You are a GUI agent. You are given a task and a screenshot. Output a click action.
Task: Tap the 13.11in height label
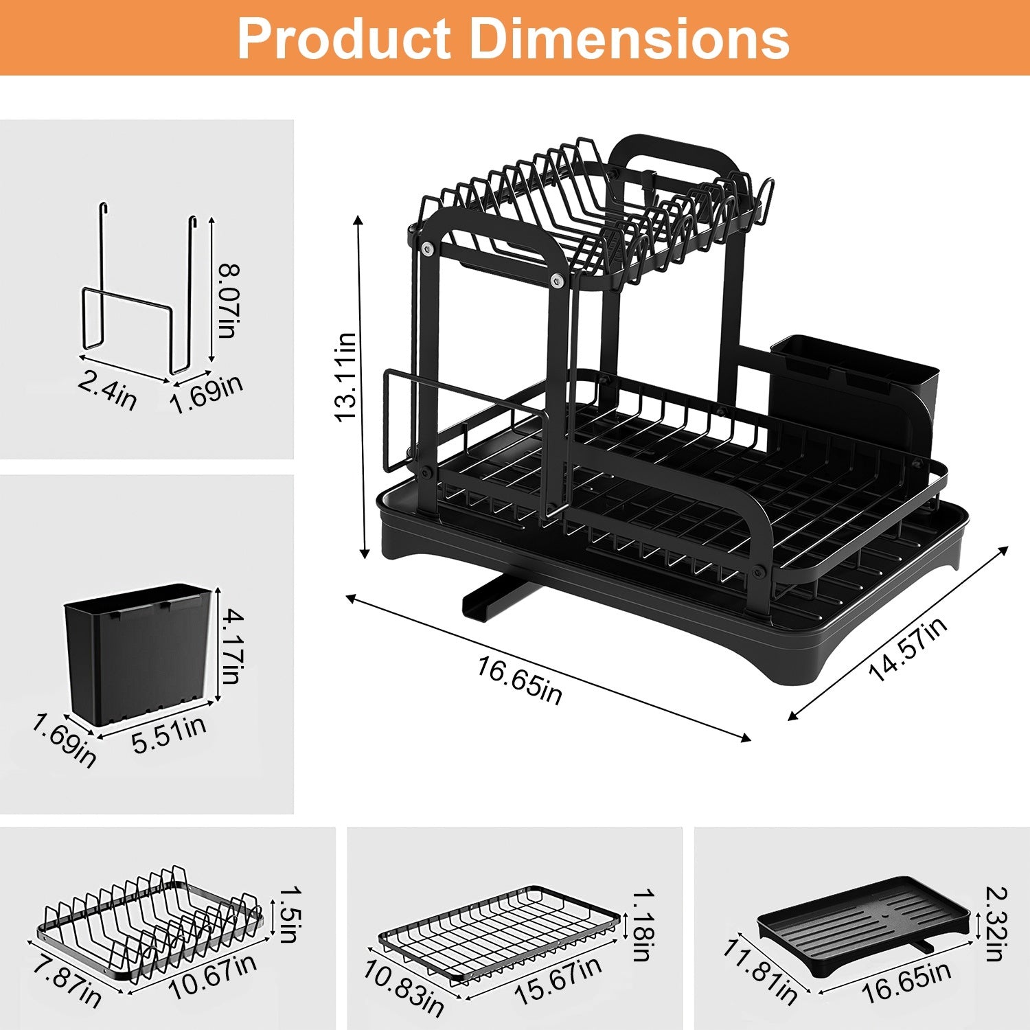pyautogui.click(x=345, y=377)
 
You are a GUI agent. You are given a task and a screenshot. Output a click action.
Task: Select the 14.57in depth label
pyautogui.click(x=908, y=649)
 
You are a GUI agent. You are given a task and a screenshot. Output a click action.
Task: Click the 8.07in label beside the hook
pyautogui.click(x=228, y=299)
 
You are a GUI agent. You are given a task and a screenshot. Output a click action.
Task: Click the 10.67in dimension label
pyautogui.click(x=213, y=976)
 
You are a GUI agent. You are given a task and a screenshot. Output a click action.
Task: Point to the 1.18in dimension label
pyautogui.click(x=643, y=925)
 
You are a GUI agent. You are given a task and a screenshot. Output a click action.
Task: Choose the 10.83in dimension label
pyautogui.click(x=403, y=987)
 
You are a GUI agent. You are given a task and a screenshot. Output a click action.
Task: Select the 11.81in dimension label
pyautogui.click(x=759, y=971)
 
